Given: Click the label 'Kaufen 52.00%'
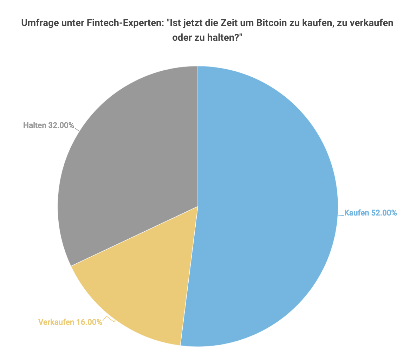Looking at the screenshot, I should click(x=370, y=213).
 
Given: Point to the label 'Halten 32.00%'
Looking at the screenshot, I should click(x=48, y=125).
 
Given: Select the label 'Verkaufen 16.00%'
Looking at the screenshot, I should click(x=70, y=322).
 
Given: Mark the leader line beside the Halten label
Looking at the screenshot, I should click(x=77, y=129).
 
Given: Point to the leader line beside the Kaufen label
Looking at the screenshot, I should click(x=341, y=215).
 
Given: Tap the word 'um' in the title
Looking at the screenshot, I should click(x=244, y=23).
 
